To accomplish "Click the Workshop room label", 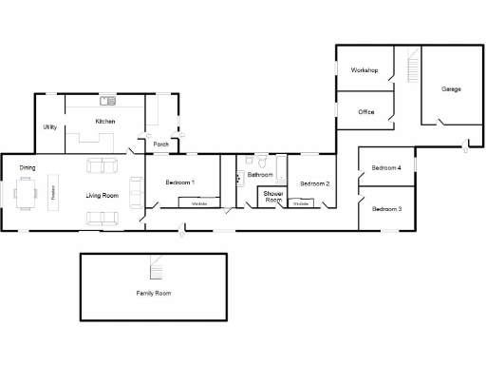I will (364, 71).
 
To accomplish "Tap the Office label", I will (366, 112).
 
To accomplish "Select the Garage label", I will (451, 88).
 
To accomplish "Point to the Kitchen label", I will (105, 122).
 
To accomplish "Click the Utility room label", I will (49, 126).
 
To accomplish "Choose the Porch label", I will (161, 144).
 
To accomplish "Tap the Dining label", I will (28, 168).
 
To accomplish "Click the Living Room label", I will (101, 196).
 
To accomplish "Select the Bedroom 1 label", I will (180, 182).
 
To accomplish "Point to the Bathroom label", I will (260, 175).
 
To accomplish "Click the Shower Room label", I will (273, 197).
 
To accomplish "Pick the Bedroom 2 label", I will (315, 183).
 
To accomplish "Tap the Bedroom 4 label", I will (386, 167).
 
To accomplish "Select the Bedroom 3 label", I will (386, 208).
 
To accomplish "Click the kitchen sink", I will (109, 100).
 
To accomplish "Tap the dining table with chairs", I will (28, 195).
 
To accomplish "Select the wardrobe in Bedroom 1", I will (199, 203).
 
